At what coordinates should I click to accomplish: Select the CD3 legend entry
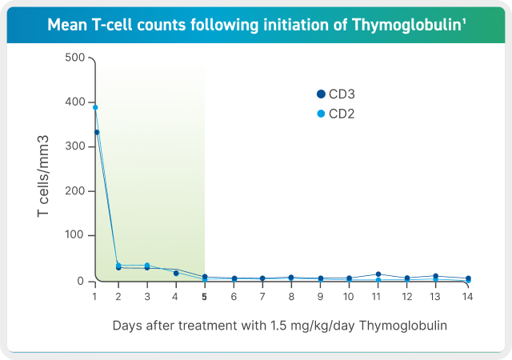pos(336,94)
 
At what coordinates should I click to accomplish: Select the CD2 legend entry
pos(336,114)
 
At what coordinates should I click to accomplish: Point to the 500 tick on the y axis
pos(74,58)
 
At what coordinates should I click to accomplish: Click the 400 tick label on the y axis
pos(74,102)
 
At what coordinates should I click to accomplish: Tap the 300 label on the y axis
pos(74,147)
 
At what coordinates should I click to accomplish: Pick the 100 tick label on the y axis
pos(74,236)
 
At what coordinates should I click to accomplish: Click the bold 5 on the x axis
pos(204,296)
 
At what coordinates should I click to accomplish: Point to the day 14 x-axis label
pos(468,296)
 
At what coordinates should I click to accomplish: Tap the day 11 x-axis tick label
pos(378,296)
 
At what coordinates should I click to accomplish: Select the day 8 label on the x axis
pos(291,296)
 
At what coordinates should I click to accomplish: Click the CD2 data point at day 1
pos(95,107)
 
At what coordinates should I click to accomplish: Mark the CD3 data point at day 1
pos(96,132)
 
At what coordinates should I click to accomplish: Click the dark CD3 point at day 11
pos(378,274)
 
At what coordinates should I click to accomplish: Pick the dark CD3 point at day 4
pos(176,273)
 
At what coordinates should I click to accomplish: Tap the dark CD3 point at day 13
pos(435,276)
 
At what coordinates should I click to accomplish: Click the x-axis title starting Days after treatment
pos(278,326)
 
